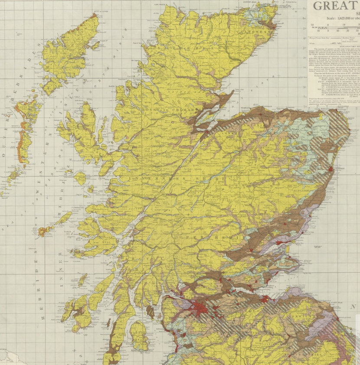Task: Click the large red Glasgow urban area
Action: coord(200,308)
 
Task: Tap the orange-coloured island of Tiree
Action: coord(44,231)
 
